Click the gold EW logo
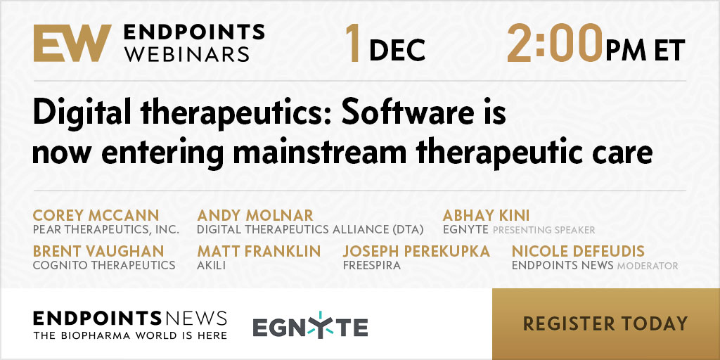click(x=72, y=43)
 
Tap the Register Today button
click(x=605, y=323)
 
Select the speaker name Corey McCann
click(x=96, y=215)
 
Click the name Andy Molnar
click(x=255, y=215)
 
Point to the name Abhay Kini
click(x=486, y=215)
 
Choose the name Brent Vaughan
click(x=98, y=251)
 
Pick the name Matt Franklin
click(x=259, y=251)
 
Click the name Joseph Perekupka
click(x=416, y=251)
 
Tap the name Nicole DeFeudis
click(x=578, y=251)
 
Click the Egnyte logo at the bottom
click(x=310, y=326)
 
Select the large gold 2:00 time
click(x=554, y=43)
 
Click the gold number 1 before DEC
click(x=353, y=43)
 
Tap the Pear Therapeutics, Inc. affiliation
click(x=106, y=230)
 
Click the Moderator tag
click(x=648, y=266)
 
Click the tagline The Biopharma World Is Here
click(x=130, y=335)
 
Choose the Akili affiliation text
click(x=211, y=265)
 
